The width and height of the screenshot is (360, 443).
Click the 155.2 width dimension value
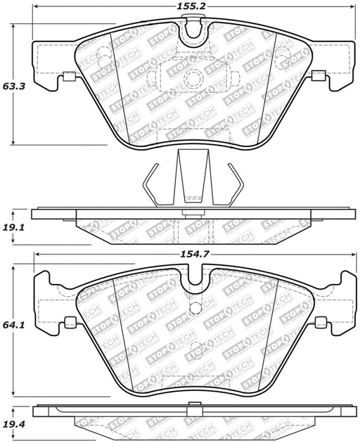coord(191,6)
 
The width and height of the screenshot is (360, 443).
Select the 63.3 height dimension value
coord(14,86)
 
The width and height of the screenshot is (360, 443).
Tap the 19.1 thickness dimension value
coord(14,227)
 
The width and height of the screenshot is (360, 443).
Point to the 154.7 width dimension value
coord(194,255)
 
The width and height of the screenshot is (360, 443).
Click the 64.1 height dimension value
coord(14,325)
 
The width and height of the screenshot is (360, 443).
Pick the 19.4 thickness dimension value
coord(14,424)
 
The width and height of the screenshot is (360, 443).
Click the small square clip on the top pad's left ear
coord(69,76)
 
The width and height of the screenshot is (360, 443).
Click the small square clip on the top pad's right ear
coord(319,75)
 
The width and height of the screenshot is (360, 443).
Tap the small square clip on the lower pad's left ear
coord(70,322)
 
